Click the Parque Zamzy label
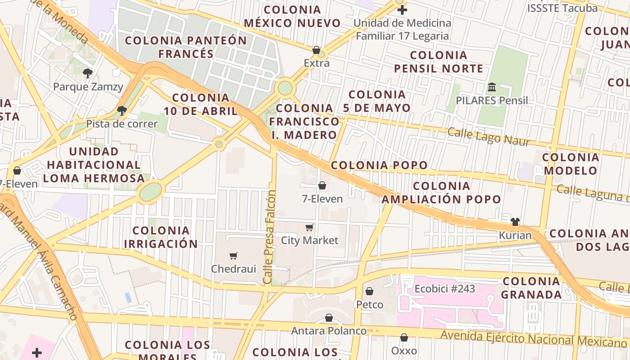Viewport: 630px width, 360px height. tap(88, 86)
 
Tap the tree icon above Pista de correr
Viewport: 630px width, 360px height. tap(121, 110)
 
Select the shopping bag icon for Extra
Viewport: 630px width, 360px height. tap(316, 50)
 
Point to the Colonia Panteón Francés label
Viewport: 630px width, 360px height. tap(186, 47)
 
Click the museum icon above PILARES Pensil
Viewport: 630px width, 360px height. tap(492, 87)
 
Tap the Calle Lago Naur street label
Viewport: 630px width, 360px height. tap(489, 136)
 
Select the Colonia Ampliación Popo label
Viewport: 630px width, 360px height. tap(441, 193)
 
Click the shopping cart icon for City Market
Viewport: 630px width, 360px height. tap(309, 227)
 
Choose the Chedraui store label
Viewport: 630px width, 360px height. tap(234, 269)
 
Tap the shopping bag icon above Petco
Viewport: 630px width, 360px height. tap(369, 292)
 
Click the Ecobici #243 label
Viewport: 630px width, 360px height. tap(445, 288)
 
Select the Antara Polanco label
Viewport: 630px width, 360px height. tap(329, 331)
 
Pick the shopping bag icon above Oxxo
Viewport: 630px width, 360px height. tap(404, 337)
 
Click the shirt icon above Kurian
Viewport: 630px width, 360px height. tap(515, 222)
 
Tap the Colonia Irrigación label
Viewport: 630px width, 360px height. tap(161, 237)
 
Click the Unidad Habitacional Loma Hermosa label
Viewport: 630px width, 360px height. tap(94, 165)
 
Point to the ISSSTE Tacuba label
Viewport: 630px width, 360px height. tap(562, 8)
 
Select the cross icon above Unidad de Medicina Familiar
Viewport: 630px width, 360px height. tap(402, 10)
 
